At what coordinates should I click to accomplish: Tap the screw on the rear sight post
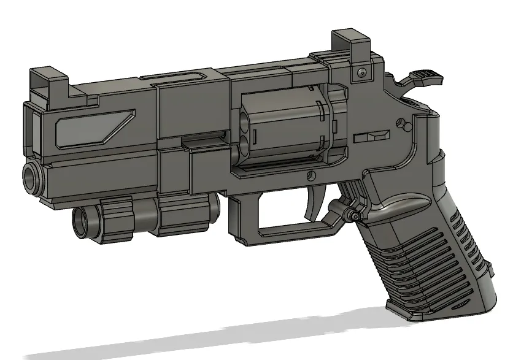point(361,73)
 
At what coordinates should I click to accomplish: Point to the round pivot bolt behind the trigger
point(354,215)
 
